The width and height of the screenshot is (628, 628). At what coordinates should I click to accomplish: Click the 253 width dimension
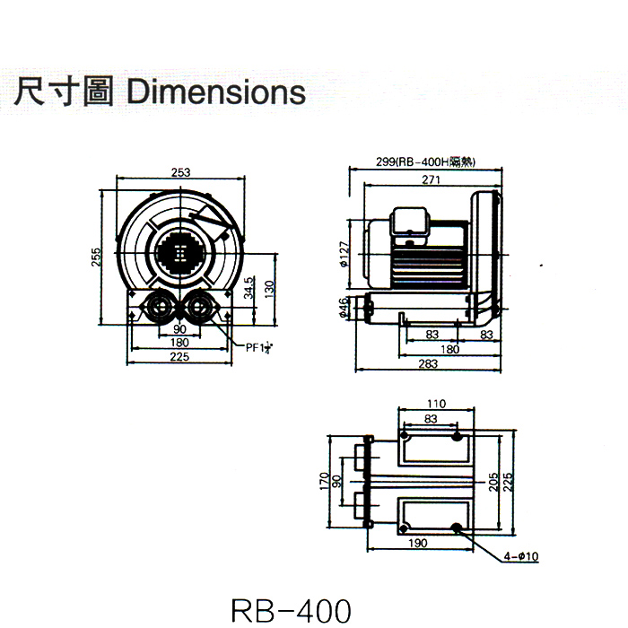(181, 172)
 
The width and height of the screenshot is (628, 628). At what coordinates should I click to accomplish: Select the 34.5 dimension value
(248, 288)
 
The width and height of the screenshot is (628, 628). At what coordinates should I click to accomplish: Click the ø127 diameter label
(345, 256)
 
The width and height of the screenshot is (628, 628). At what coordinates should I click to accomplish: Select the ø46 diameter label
(345, 310)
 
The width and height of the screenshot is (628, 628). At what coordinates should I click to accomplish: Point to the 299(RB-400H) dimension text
(425, 162)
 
